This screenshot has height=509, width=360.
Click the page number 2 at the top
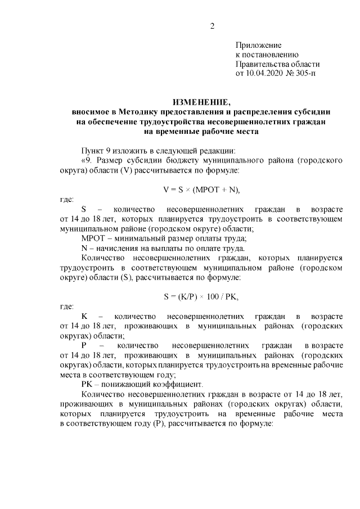click(212, 25)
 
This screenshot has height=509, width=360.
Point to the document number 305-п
click(304, 73)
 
